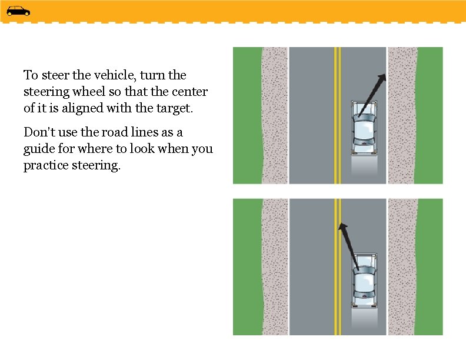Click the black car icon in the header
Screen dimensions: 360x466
pos(18,11)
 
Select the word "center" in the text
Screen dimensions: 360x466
pos(189,92)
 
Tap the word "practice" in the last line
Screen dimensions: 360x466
pos(46,165)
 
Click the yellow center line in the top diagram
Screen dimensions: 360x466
pos(337,147)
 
